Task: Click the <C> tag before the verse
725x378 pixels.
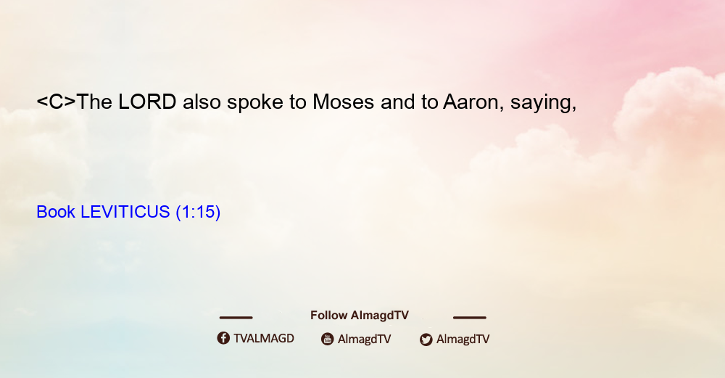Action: [56, 102]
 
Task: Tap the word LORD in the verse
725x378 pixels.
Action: [147, 102]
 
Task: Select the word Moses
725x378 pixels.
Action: [343, 102]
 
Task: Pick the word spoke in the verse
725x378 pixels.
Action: [254, 103]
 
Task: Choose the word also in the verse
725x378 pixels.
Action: [202, 102]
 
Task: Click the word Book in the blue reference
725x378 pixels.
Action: [56, 212]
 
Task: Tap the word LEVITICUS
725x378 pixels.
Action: [125, 212]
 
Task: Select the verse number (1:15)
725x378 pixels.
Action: [199, 213]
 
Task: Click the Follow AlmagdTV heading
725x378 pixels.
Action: [360, 316]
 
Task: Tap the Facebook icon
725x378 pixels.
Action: [223, 338]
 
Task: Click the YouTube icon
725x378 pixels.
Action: [328, 339]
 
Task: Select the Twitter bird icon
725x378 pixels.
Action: [426, 340]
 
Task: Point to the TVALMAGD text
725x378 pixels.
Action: [264, 339]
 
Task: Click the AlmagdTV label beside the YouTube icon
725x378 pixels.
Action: [365, 339]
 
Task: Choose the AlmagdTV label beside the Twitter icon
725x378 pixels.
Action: [463, 339]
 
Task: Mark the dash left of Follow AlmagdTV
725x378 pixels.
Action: [236, 318]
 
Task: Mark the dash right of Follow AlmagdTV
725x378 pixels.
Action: [470, 318]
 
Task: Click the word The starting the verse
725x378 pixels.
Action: [94, 102]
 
